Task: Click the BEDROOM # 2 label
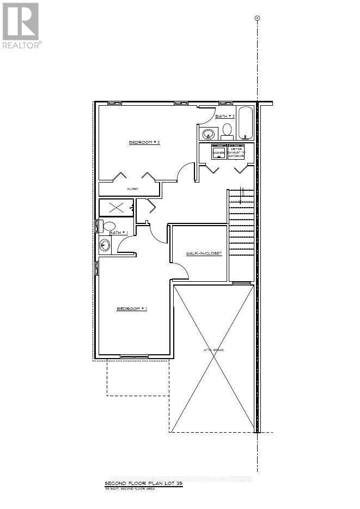[x=144, y=142]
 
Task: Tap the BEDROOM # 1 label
[x=132, y=308]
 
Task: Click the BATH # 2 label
[x=224, y=117]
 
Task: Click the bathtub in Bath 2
[x=246, y=123]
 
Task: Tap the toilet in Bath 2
[x=227, y=130]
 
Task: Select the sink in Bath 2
[x=208, y=134]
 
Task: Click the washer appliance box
[x=219, y=152]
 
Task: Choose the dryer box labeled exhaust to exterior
[x=236, y=152]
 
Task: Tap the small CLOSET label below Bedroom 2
[x=133, y=189]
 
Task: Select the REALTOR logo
[x=22, y=25]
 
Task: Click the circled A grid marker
[x=257, y=18]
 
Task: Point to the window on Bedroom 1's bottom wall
[x=133, y=357]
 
